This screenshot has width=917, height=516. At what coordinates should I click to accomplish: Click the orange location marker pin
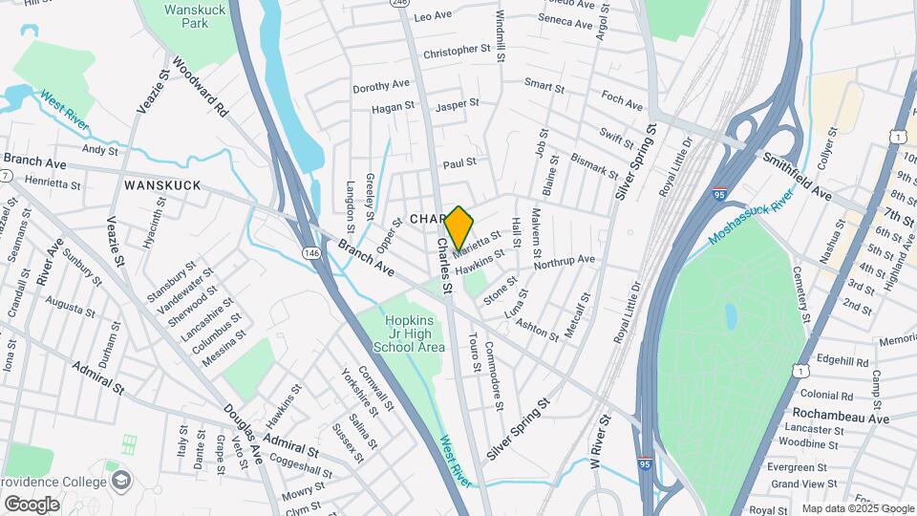[458, 227]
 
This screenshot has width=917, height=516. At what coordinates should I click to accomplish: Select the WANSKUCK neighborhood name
[161, 185]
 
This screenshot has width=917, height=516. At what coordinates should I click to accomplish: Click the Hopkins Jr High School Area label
[415, 333]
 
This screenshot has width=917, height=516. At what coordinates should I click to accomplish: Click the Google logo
[32, 504]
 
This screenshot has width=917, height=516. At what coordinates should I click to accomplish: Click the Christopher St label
[457, 50]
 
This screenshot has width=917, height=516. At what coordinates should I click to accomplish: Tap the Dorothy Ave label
[380, 86]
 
